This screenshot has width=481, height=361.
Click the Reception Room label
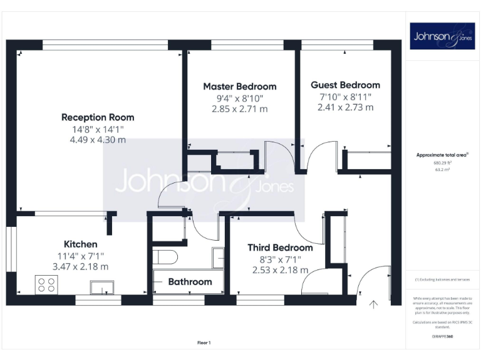(98, 117)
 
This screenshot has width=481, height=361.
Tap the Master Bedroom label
(239, 86)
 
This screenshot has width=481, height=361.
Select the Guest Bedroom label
(345, 85)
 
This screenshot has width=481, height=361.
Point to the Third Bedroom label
(280, 248)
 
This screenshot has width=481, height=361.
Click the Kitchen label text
(80, 244)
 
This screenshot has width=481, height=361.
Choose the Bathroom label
(190, 282)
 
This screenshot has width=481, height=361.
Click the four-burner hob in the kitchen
(46, 285)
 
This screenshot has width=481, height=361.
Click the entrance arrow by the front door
(374, 305)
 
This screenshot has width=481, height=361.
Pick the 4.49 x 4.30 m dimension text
(98, 140)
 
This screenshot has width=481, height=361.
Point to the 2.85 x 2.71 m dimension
(239, 109)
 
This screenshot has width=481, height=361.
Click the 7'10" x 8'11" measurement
(345, 97)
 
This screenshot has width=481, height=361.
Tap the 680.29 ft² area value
(443, 162)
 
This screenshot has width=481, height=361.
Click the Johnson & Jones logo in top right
(443, 36)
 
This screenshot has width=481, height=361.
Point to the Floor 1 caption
(204, 343)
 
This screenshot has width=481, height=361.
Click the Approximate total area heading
(442, 154)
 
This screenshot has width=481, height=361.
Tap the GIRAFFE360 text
(443, 337)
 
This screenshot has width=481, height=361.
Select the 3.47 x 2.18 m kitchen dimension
(80, 266)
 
